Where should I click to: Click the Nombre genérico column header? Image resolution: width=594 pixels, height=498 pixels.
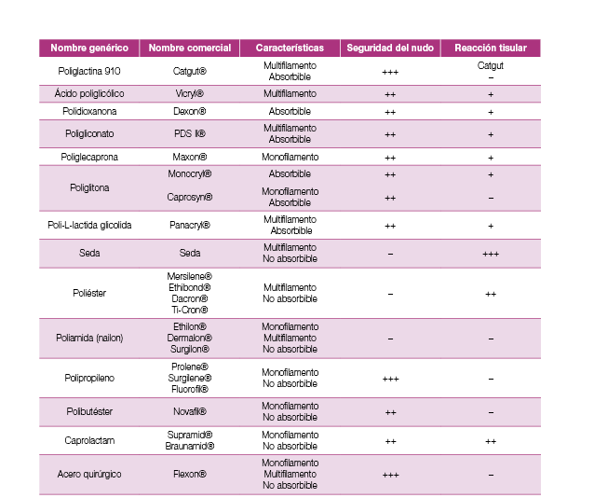click(x=89, y=48)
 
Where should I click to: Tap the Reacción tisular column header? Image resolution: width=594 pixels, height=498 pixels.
click(x=490, y=48)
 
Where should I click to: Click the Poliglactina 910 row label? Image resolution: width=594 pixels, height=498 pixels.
click(x=89, y=71)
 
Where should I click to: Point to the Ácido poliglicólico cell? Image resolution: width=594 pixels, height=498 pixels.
click(x=89, y=94)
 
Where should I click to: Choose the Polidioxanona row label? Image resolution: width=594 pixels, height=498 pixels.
click(x=89, y=112)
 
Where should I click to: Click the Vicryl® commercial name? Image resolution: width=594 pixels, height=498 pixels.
click(x=189, y=94)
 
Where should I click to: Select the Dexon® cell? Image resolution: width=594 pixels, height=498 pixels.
click(x=189, y=112)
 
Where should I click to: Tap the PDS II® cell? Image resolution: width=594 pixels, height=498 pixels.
click(x=189, y=134)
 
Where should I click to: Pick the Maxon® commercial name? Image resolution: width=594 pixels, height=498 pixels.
click(x=189, y=157)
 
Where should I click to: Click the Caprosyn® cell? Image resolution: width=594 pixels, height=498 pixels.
click(x=189, y=197)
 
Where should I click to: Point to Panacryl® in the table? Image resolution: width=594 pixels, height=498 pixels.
click(x=189, y=225)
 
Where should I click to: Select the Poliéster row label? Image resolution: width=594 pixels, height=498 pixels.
click(x=89, y=293)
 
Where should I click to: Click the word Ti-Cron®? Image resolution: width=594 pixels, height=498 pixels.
click(x=189, y=310)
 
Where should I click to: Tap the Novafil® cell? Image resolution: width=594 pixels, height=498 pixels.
click(x=189, y=411)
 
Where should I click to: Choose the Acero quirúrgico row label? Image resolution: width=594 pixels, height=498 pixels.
click(x=89, y=474)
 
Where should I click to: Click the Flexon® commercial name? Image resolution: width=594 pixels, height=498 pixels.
click(x=189, y=474)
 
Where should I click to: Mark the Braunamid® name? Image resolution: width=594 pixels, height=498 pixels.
click(x=189, y=446)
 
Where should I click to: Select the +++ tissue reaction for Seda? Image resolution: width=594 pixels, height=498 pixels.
click(x=491, y=254)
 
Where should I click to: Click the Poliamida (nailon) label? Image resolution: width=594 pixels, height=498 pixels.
click(x=89, y=338)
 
